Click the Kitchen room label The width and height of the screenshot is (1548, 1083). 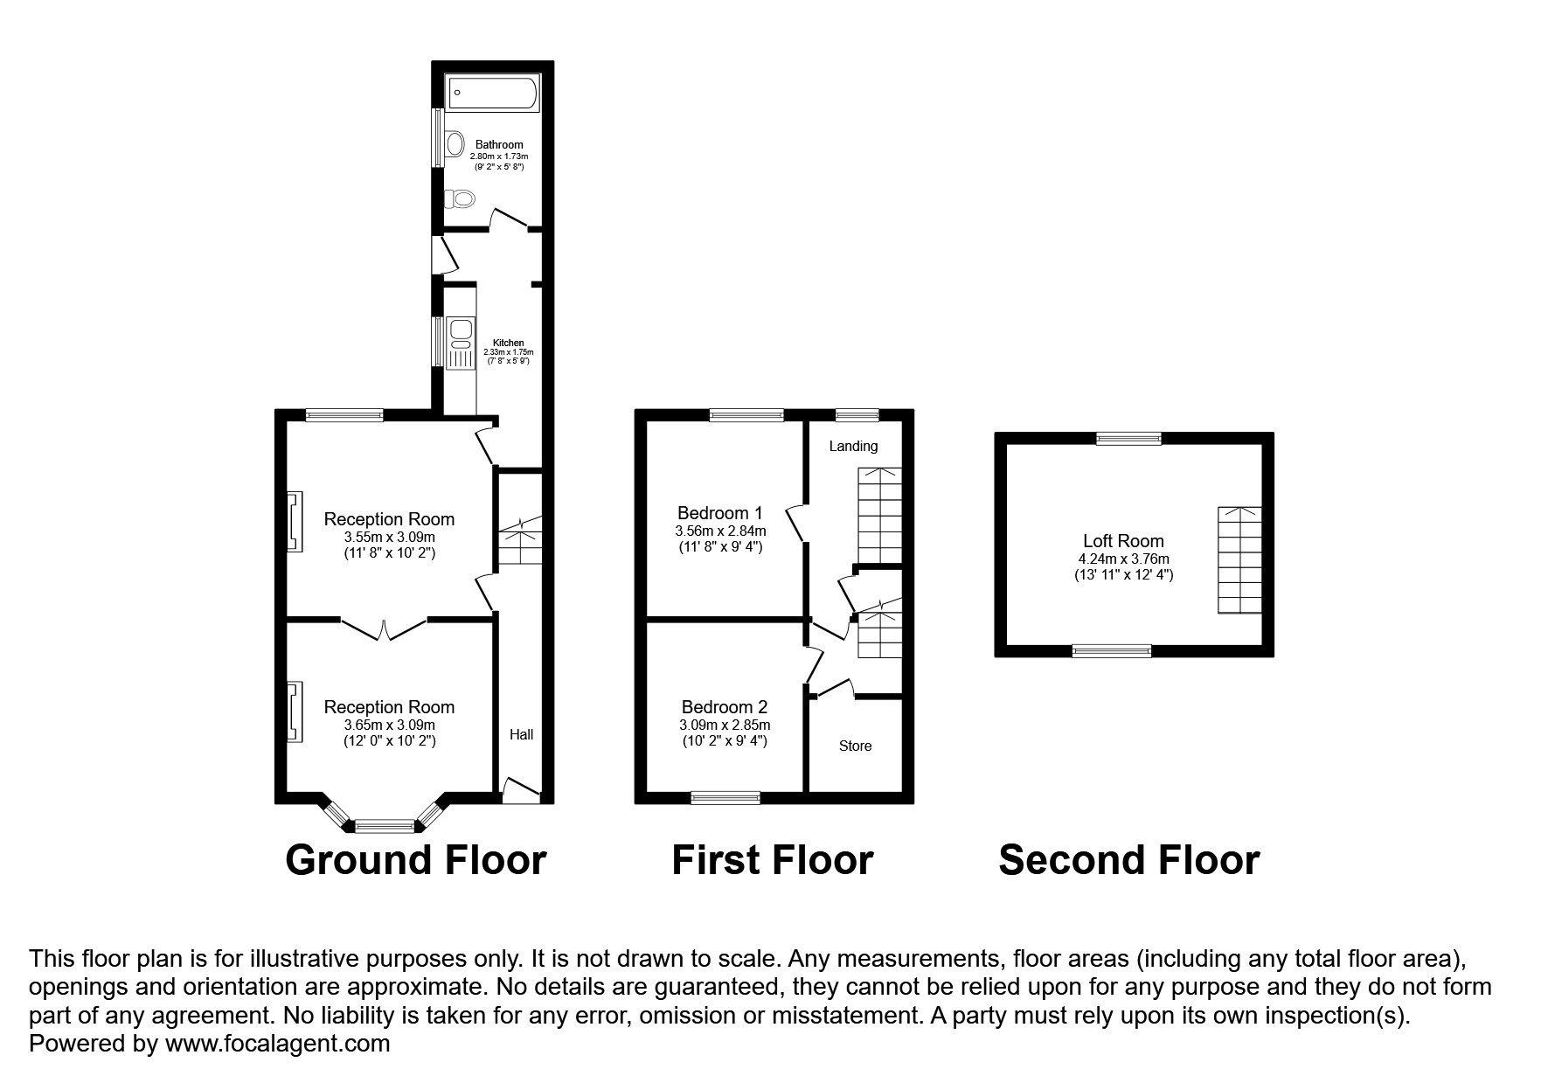(508, 343)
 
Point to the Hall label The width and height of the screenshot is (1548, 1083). (522, 734)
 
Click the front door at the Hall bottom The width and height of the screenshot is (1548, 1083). (522, 790)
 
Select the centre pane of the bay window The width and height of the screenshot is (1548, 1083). (384, 824)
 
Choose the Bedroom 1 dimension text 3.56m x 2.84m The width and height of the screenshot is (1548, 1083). (720, 531)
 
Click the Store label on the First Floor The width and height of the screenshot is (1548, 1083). (855, 746)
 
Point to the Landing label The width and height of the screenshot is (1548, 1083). (853, 446)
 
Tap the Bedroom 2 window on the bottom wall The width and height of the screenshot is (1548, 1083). (725, 797)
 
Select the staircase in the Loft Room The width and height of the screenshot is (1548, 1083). (1239, 560)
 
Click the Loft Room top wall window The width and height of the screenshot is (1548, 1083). (1129, 439)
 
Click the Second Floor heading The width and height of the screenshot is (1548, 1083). (1128, 860)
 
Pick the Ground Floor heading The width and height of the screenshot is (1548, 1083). (416, 860)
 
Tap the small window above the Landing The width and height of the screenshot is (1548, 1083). (857, 415)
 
